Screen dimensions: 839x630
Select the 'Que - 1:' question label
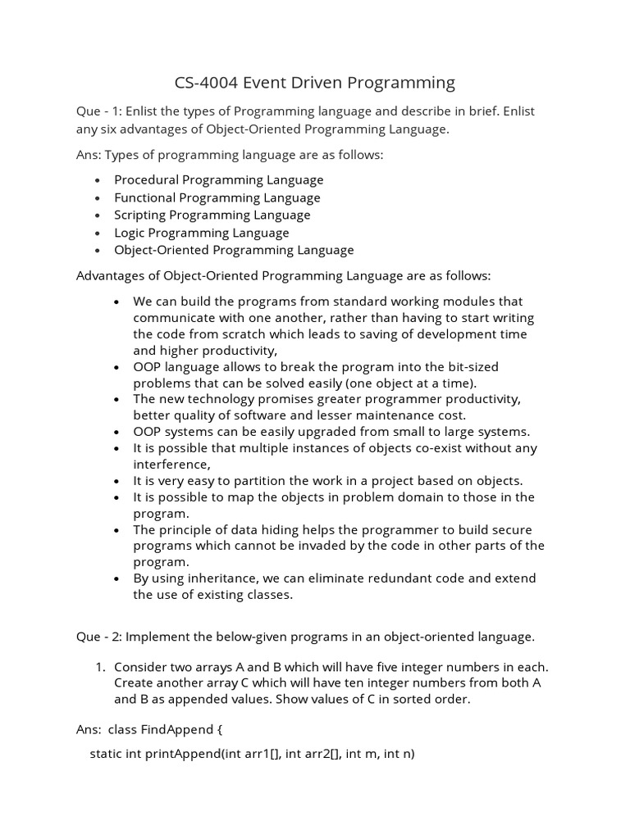tap(98, 111)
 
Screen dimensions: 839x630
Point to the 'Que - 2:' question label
tap(98, 636)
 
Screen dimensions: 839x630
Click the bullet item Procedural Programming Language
tap(218, 179)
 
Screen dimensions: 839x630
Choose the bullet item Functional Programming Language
tap(217, 197)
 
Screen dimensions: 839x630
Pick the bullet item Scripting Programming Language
tap(212, 215)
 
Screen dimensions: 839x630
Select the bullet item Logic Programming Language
tap(201, 233)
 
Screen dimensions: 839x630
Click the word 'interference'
tap(165, 465)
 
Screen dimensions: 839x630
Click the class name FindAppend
tap(179, 728)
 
